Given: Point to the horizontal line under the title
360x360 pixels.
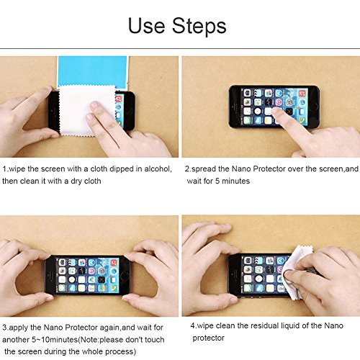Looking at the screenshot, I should click(180, 48).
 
